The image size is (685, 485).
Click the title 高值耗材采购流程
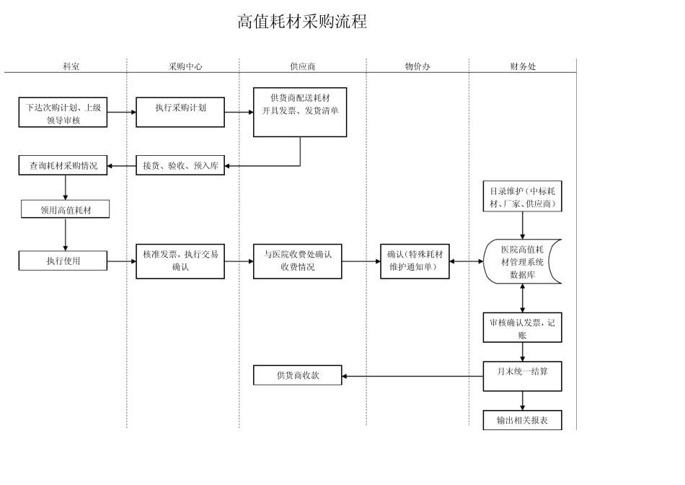302,22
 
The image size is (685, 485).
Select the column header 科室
71,66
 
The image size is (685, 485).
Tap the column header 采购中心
185,66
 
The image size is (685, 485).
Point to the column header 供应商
302,66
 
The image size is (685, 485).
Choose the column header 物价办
417,66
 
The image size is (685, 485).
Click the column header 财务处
523,66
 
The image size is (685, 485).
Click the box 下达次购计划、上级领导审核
63,113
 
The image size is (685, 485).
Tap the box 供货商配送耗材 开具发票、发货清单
300,112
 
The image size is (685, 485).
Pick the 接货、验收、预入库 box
180,165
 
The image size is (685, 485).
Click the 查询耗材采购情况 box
63,165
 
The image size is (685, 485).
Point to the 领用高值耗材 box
66,209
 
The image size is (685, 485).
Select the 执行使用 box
63,261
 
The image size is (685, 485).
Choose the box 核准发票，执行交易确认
180,261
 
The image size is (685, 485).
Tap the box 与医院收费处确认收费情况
297,261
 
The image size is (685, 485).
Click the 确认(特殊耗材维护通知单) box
415,261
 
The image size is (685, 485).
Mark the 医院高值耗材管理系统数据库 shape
522,261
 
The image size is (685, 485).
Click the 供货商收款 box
297,375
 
